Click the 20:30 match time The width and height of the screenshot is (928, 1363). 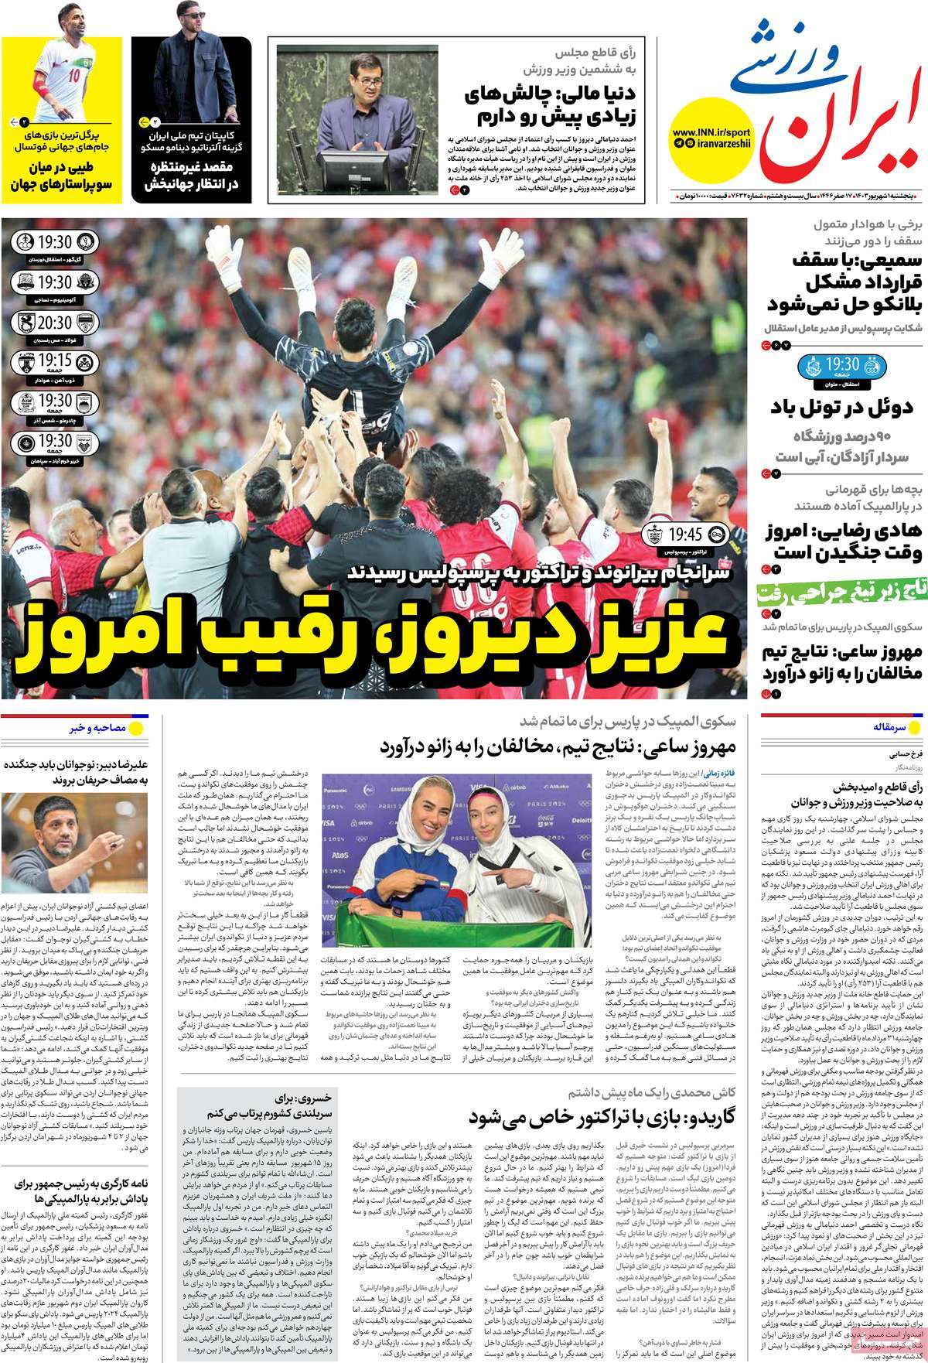pos(54,323)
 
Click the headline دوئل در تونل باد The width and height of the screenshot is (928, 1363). pos(844,407)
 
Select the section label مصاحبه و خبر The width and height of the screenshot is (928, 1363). pos(97,728)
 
